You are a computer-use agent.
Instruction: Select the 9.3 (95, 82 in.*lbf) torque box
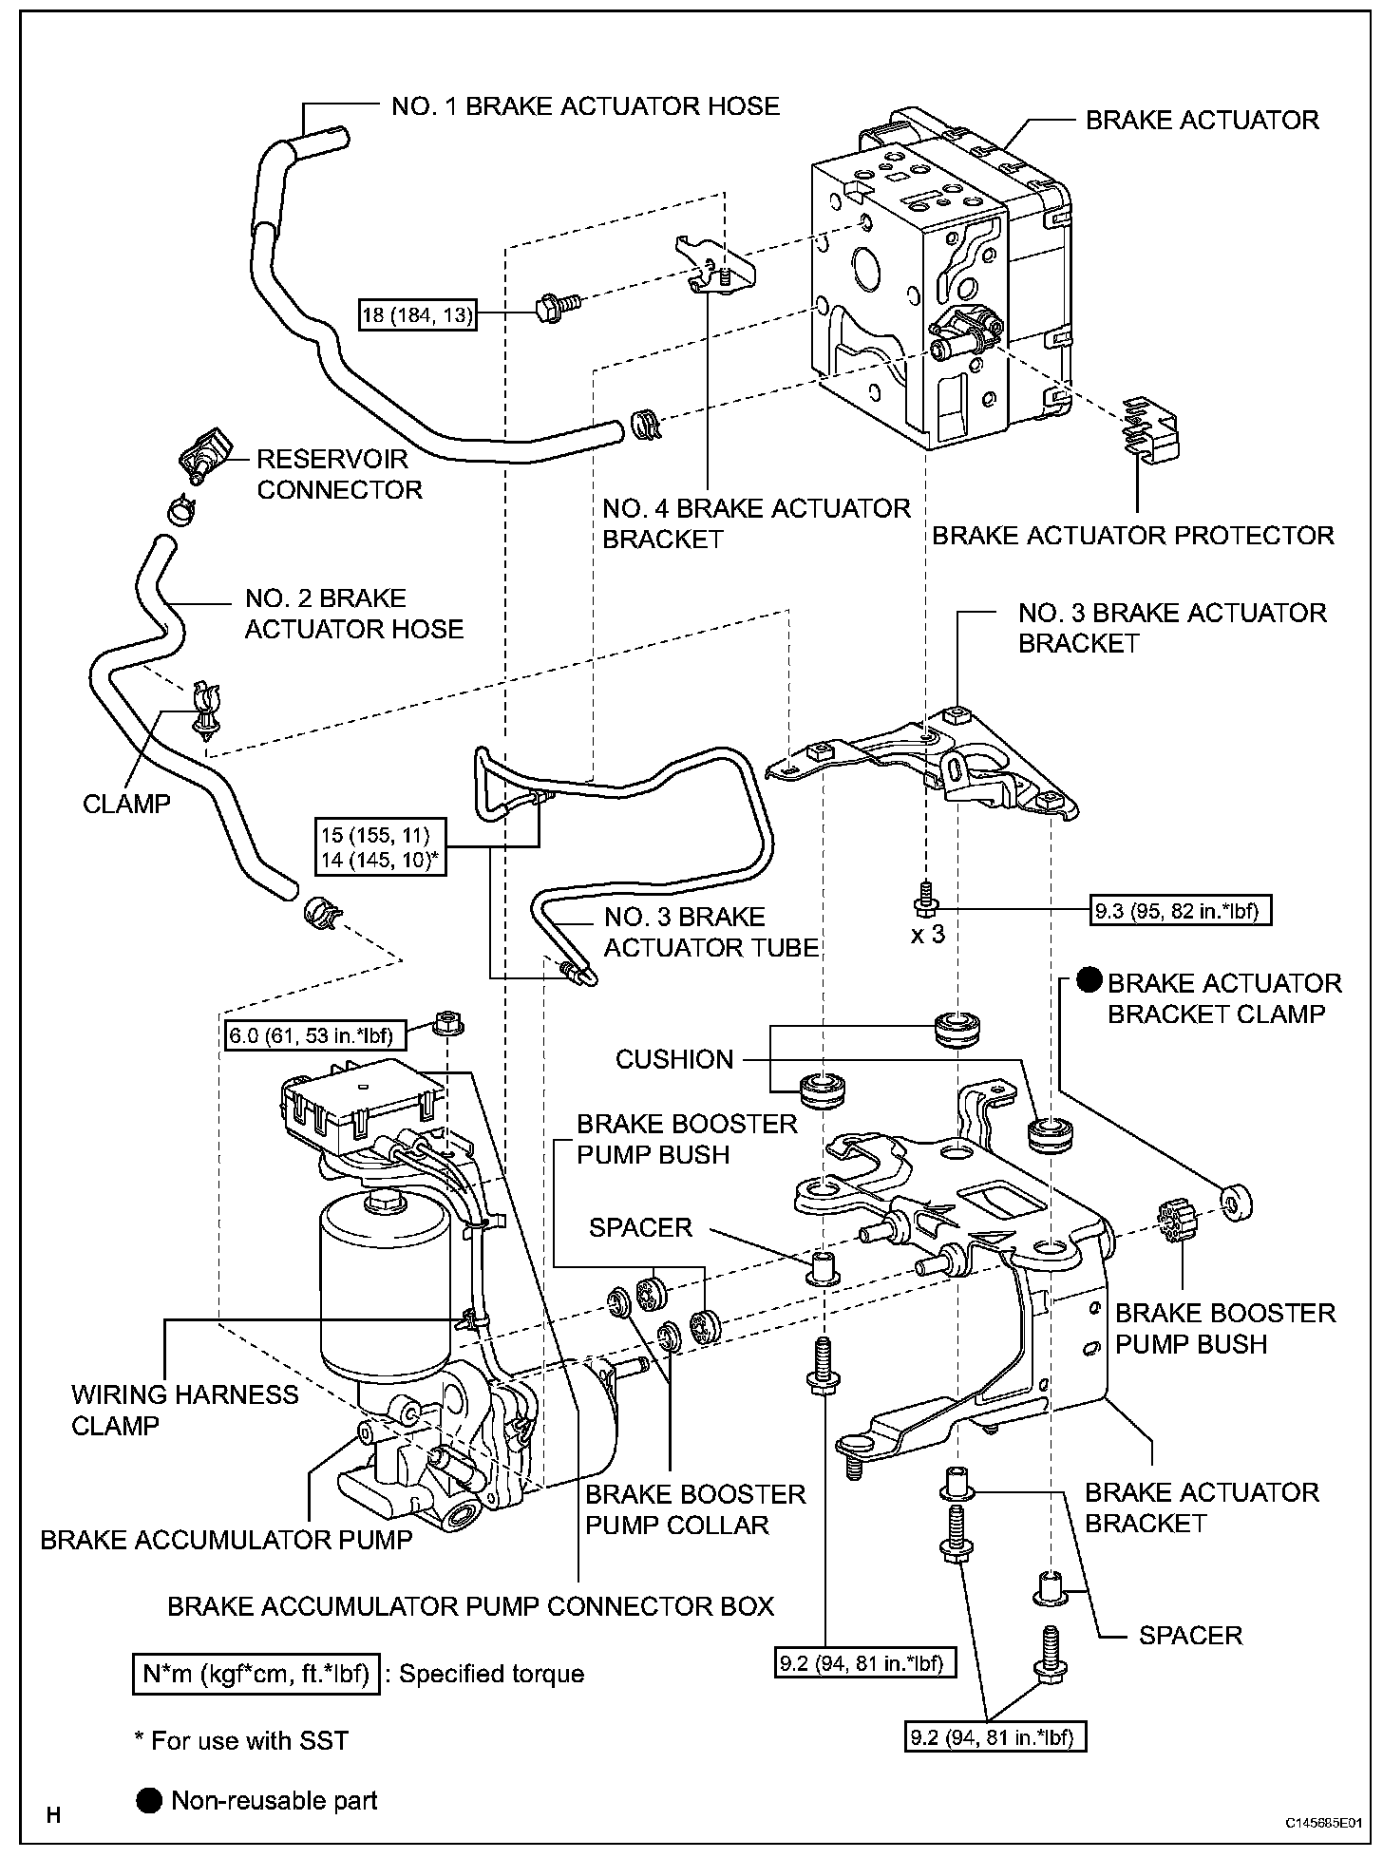(1181, 912)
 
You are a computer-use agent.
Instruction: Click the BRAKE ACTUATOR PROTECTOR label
(1132, 536)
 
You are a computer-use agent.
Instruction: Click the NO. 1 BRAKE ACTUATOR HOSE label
(585, 105)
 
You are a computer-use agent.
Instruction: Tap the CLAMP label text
(126, 804)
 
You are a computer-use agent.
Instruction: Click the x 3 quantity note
(928, 934)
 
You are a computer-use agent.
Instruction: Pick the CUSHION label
(674, 1059)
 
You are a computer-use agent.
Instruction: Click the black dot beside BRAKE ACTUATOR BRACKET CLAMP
(1089, 981)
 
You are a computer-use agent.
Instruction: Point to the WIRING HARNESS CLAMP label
(184, 1410)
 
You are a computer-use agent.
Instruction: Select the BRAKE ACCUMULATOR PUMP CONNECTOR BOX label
(470, 1605)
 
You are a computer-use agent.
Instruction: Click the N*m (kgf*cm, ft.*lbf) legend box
(256, 1673)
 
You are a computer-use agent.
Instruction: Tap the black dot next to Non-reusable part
(149, 1800)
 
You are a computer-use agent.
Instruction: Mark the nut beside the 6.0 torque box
(446, 1025)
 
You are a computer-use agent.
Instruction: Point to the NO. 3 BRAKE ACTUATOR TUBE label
(710, 932)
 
